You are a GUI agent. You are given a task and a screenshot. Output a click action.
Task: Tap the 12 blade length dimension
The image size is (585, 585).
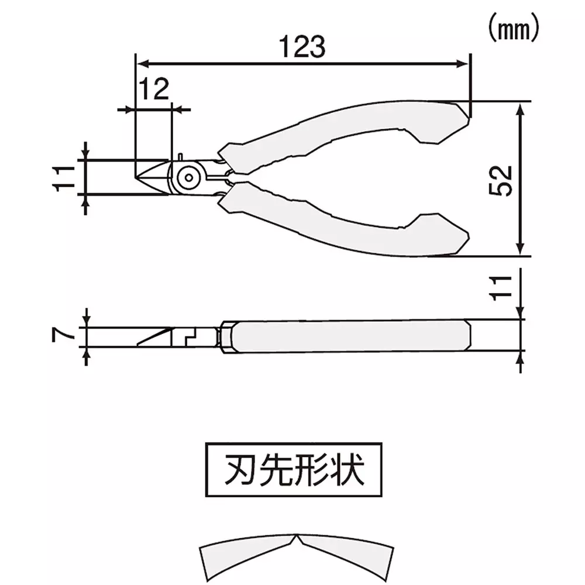pyautogui.click(x=153, y=89)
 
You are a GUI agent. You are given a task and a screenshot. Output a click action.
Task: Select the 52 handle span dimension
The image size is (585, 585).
pyautogui.click(x=503, y=180)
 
